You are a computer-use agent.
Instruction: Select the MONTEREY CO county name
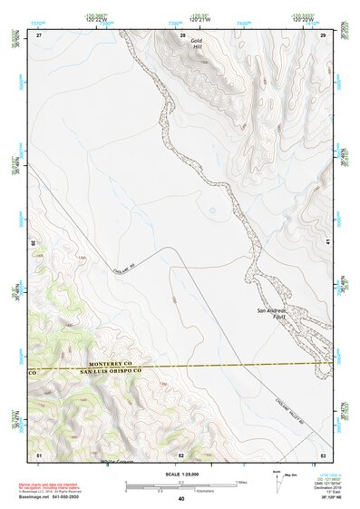90,364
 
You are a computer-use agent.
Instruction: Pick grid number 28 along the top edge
182,34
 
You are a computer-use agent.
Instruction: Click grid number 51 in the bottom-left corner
38,453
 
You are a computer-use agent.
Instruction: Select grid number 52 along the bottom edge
181,453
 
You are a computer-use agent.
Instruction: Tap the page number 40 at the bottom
181,498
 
